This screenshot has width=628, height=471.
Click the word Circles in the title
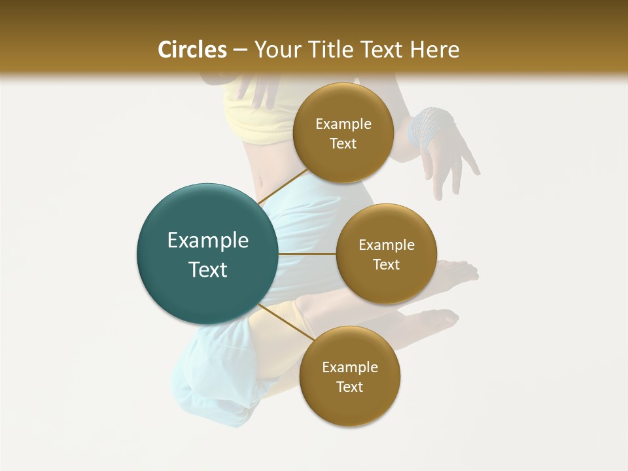coord(192,50)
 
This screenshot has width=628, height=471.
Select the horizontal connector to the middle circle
coord(307,254)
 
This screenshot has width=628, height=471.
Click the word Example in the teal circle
coord(208,241)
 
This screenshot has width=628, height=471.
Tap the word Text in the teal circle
coord(208,270)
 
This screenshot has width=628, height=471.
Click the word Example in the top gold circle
coord(343,124)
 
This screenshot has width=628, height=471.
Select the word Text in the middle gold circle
coord(386,264)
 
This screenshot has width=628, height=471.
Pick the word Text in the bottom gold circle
coord(349,387)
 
